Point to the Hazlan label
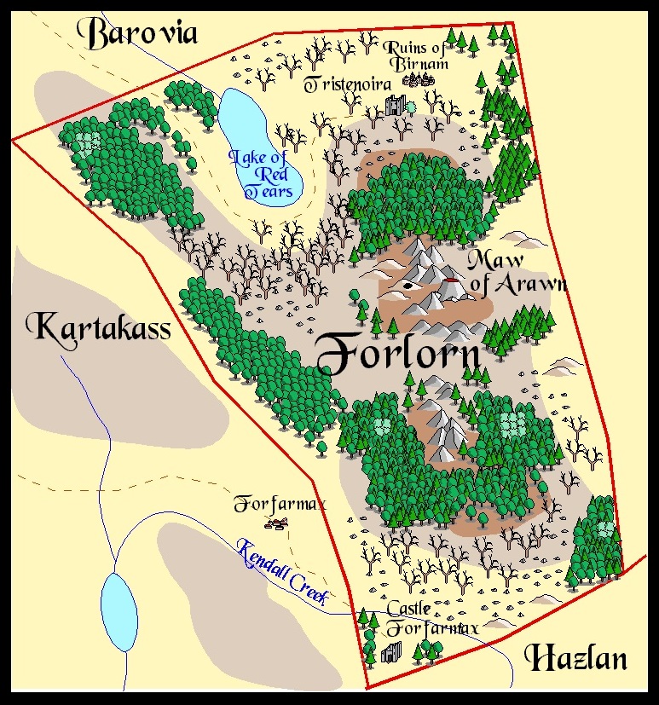click(x=576, y=658)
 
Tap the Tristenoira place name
click(x=348, y=84)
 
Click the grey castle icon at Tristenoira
click(x=395, y=106)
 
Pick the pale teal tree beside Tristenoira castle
click(x=411, y=106)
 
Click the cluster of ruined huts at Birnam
click(x=419, y=79)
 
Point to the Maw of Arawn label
click(x=514, y=274)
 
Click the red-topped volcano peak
click(x=449, y=281)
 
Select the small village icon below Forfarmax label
click(x=275, y=523)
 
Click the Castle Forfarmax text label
click(x=432, y=619)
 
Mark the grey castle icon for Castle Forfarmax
click(x=391, y=652)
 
